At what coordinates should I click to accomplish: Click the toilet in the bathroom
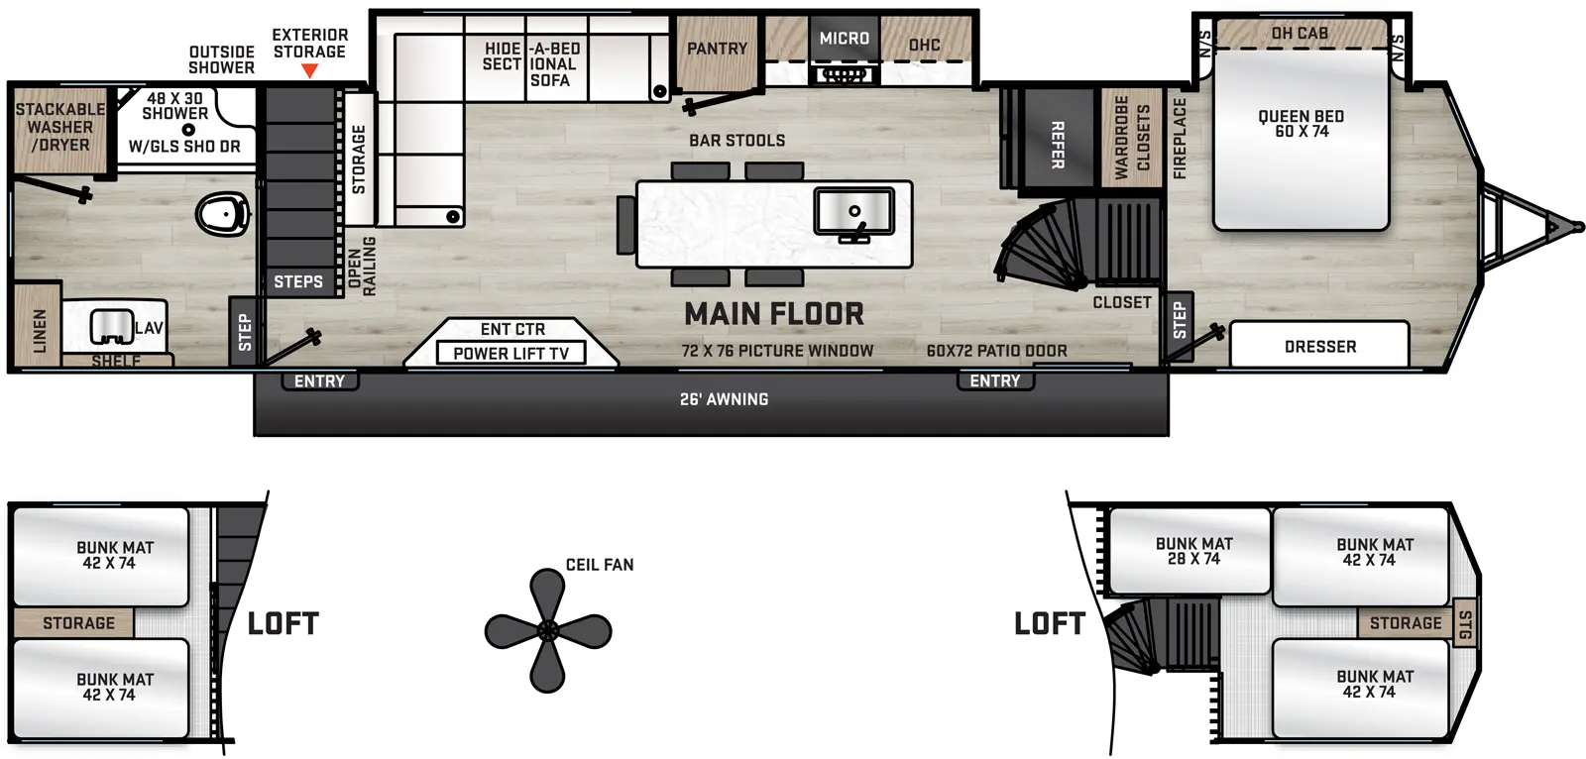point(222,214)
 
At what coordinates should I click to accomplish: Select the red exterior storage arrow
point(309,71)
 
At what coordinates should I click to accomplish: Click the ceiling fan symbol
point(547,630)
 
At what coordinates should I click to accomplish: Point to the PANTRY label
point(717,49)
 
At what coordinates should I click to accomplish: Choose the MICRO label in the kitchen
point(844,39)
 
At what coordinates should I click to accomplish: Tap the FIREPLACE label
point(1180,138)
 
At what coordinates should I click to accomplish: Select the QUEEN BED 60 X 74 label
point(1301,124)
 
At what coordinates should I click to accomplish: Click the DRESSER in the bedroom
point(1319,346)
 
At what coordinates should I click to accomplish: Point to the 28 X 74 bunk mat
point(1192,551)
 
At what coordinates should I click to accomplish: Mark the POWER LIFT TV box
point(510,353)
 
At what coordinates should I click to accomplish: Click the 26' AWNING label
point(724,399)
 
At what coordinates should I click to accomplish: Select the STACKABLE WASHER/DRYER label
point(59,127)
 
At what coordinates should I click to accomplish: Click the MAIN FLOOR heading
point(774,314)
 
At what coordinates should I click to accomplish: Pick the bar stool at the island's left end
point(626,224)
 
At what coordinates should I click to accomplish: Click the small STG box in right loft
point(1465,624)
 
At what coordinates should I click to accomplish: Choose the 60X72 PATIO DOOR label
point(996,351)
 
